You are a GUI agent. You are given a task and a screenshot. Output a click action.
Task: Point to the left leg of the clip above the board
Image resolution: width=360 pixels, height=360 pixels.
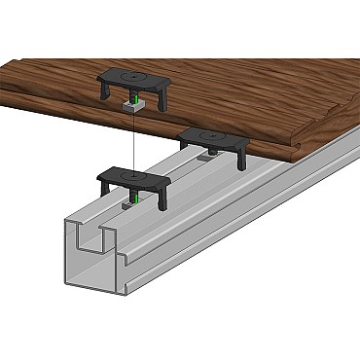pos(104,90)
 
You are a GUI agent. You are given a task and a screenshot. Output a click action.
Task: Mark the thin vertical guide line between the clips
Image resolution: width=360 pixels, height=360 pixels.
pos(130,136)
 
